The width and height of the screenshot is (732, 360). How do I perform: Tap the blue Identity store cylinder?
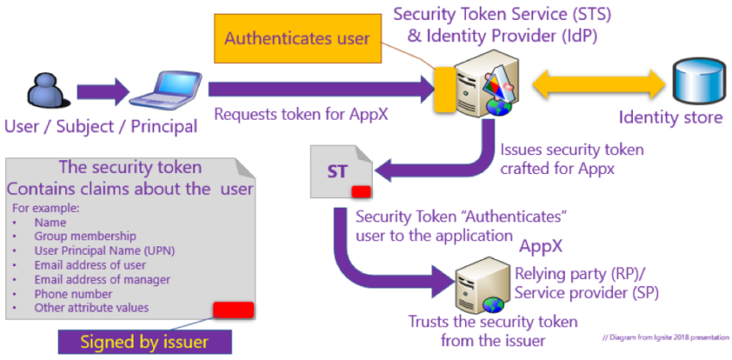tap(696, 84)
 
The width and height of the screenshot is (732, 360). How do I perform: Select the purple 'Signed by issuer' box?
tap(144, 341)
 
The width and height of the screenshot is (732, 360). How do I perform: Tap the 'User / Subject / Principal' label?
tap(101, 127)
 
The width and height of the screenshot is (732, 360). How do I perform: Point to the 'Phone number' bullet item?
tap(76, 294)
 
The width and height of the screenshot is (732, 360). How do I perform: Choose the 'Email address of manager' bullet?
tap(102, 279)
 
